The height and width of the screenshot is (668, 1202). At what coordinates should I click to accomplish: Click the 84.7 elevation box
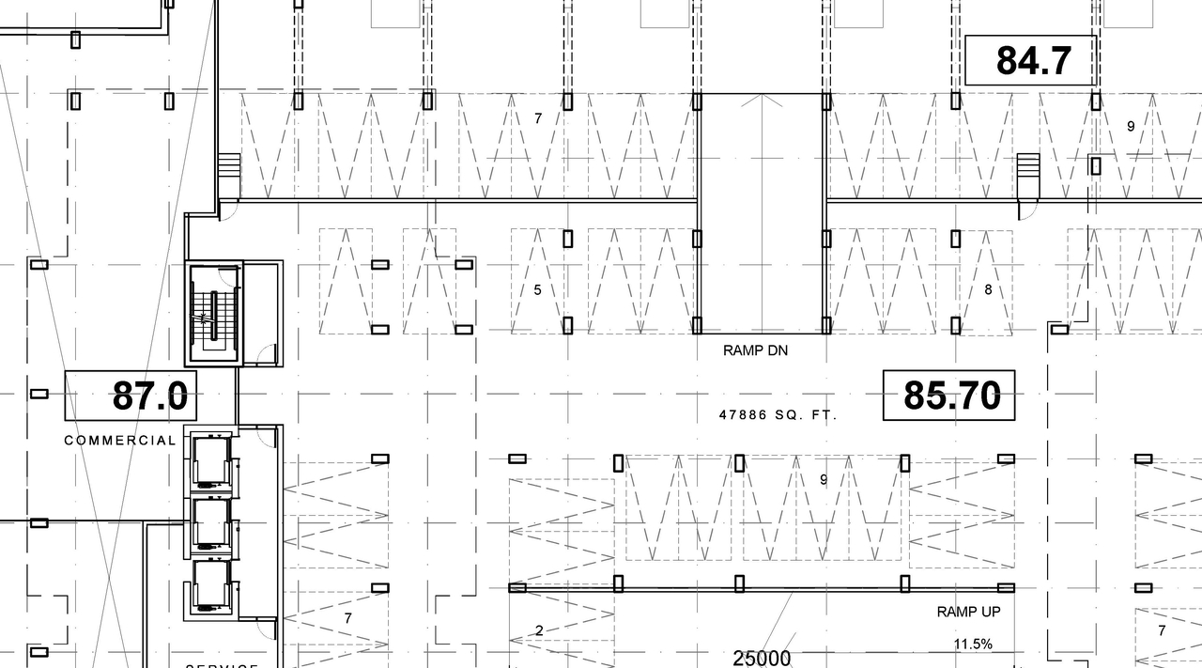[1031, 61]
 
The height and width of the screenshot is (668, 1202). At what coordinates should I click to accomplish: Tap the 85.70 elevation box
[949, 396]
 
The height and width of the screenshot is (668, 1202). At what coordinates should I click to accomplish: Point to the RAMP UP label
[968, 612]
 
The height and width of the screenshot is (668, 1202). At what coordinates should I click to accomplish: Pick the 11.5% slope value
[973, 645]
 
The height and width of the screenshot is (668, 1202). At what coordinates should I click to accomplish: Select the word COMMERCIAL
[120, 441]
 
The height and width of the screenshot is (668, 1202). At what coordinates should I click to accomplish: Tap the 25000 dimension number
[762, 659]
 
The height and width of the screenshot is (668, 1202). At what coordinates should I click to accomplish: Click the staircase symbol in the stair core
[213, 315]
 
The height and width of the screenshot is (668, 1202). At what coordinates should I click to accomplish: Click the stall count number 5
[537, 290]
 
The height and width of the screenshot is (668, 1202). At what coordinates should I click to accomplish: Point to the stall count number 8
[988, 290]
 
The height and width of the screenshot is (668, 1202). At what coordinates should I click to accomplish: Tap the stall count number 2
[539, 630]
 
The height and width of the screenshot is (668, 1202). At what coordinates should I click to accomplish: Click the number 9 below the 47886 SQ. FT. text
[824, 480]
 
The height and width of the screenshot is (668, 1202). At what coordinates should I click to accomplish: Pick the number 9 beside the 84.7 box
[1131, 126]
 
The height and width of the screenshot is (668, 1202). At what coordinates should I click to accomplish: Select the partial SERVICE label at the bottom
[222, 664]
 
